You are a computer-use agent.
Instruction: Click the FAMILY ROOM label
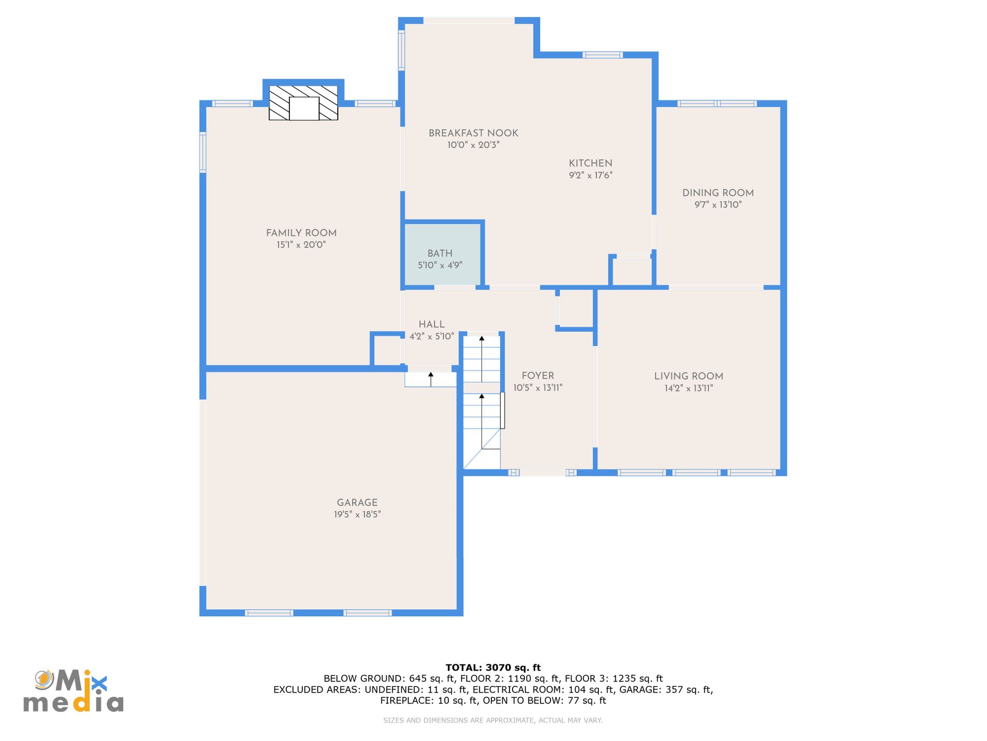pos(301,233)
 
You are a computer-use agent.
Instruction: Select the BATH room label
pos(440,253)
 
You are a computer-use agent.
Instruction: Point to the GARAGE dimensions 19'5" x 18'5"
pos(357,514)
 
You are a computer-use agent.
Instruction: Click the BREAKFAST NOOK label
pos(473,133)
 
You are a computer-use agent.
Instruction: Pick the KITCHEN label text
pos(591,163)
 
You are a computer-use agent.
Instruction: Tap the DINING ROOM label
pos(718,193)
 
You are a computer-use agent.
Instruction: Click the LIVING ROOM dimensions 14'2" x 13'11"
pos(689,388)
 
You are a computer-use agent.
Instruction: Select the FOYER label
pos(538,376)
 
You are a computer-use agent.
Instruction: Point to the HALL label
pos(432,324)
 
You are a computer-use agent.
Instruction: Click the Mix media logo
pos(74,691)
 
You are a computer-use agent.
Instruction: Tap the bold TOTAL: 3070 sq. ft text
pos(493,667)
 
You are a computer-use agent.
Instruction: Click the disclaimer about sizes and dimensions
pos(493,720)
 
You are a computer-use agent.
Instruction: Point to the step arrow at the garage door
pos(431,379)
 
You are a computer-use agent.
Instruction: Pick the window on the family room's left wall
pos(203,152)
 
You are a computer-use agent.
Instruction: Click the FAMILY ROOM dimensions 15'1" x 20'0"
pos(301,245)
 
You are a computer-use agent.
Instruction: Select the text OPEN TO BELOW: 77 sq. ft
pos(544,700)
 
